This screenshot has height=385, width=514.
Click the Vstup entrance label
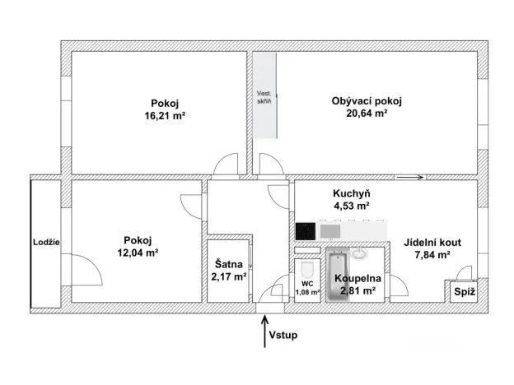[x=283, y=336]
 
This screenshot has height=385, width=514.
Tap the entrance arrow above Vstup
[x=264, y=332]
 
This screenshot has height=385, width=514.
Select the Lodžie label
[x=45, y=242]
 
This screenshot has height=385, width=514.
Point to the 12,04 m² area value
[x=138, y=254]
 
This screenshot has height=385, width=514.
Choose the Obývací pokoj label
[x=367, y=101]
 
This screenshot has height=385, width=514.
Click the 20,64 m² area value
[x=367, y=114]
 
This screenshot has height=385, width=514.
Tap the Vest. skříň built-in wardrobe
[x=264, y=95]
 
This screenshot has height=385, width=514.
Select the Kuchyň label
[x=350, y=192]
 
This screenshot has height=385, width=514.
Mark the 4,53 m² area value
[x=350, y=206]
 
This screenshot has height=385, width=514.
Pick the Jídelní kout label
[x=432, y=243]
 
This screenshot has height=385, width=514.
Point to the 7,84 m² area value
[x=432, y=255]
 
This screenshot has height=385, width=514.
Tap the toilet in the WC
[x=307, y=271]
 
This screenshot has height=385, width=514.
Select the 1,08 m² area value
[x=307, y=291]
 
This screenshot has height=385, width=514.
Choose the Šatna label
[x=228, y=264]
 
